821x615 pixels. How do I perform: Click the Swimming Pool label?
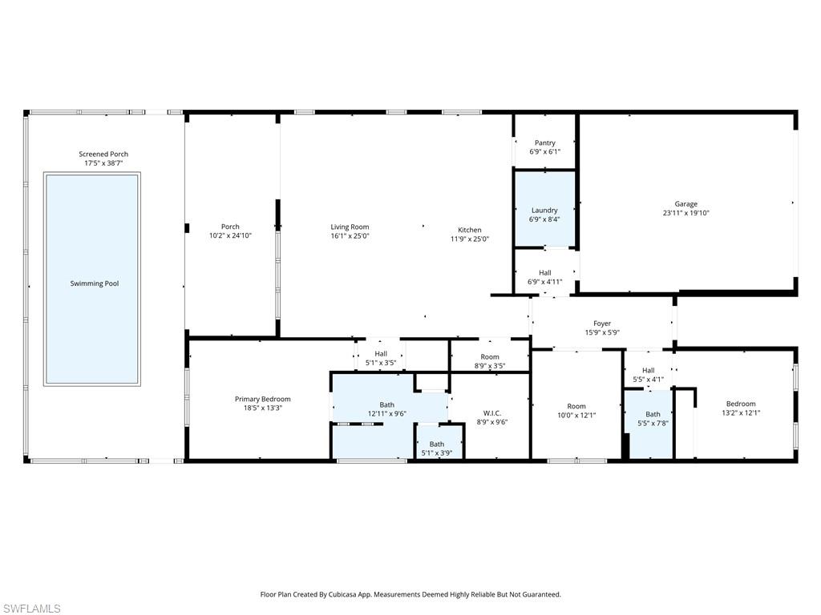point(95,283)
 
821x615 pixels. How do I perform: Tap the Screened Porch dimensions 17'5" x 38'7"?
point(103,163)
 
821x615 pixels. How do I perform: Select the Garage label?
point(686,204)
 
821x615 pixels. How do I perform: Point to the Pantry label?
point(545,143)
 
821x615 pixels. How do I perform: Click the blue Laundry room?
point(545,208)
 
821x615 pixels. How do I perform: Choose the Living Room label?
point(350,227)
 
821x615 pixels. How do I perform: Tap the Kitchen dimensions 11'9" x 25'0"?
point(470,239)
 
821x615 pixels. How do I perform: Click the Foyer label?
point(602,324)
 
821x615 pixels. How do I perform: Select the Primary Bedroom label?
point(262,399)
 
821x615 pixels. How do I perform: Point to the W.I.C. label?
point(492,413)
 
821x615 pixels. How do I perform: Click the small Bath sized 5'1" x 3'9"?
point(439,442)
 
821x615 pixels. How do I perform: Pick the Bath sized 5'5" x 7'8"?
point(650,424)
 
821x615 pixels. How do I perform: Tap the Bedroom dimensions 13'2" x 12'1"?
point(741,412)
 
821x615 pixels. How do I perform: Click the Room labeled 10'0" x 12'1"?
point(576,406)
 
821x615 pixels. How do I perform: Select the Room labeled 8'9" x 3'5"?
point(490,356)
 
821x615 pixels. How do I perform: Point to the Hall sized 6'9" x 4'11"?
point(545,273)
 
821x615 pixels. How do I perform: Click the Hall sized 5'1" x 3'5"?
point(381,356)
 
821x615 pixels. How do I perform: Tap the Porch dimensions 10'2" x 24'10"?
point(230,236)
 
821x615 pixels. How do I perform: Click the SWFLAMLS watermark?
point(31,609)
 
